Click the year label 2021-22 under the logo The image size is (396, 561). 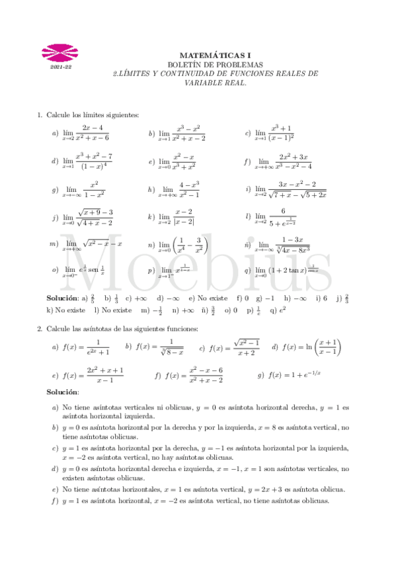(59, 67)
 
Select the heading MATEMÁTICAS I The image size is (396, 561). (216, 56)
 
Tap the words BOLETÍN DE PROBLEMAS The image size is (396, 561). (216, 65)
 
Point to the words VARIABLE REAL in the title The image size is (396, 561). (216, 83)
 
